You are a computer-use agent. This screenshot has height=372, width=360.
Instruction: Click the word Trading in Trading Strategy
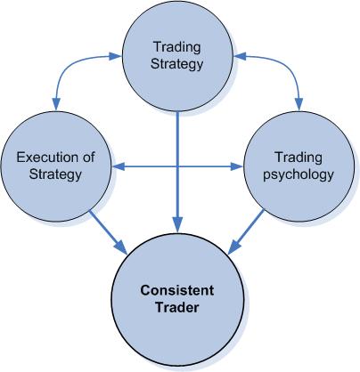[177, 48]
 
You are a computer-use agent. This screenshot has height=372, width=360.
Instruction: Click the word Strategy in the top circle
[177, 65]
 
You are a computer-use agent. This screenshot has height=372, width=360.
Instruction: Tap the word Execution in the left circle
[47, 158]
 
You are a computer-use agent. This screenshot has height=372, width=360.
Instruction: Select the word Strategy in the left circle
[55, 174]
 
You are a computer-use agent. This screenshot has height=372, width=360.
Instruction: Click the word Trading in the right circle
[299, 158]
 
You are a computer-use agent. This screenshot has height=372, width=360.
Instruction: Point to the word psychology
[299, 174]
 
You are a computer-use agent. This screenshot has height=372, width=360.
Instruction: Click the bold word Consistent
[177, 290]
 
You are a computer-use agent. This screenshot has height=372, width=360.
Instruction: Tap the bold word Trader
[177, 307]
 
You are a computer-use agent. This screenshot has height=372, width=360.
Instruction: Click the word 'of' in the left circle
[88, 158]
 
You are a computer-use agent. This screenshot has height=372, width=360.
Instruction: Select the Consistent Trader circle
[177, 300]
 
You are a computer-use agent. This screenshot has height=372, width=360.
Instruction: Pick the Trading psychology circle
[299, 166]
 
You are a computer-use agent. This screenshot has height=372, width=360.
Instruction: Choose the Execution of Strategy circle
[56, 166]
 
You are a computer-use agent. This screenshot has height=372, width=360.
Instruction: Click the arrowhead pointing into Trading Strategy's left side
[116, 56]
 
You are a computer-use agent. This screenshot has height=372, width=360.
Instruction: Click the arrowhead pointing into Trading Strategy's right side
[240, 56]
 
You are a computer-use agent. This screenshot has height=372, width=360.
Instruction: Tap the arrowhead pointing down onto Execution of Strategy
[56, 104]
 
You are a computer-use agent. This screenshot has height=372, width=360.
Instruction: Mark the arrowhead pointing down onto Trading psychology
[299, 104]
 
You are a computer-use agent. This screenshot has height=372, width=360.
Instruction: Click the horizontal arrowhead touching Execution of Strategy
[119, 166]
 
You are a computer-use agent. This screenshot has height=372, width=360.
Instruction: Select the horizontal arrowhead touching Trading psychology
[237, 166]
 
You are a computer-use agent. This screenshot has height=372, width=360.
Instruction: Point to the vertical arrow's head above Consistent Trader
[177, 225]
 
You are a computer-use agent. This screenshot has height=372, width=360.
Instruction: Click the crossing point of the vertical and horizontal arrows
[177, 166]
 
